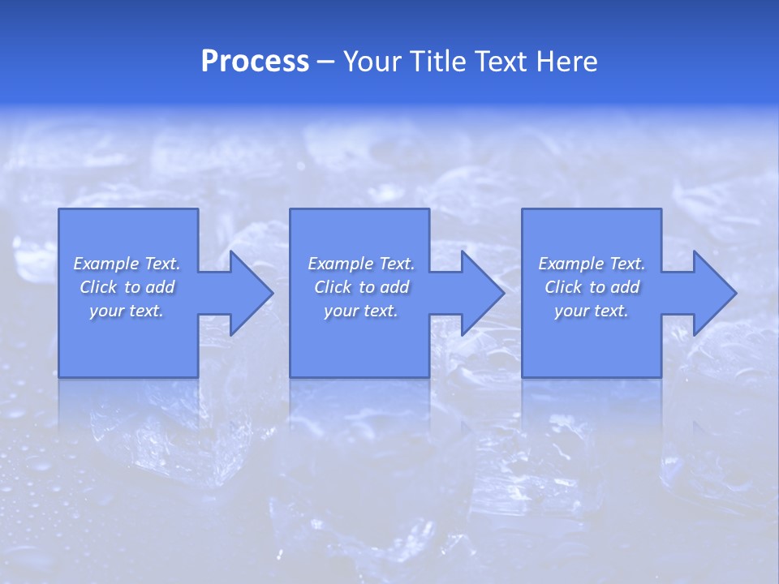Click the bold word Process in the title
click(255, 62)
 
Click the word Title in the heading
click(435, 62)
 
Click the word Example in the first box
click(105, 264)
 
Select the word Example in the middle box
click(340, 264)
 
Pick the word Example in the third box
click(570, 264)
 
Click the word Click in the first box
click(98, 287)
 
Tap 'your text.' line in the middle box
click(360, 311)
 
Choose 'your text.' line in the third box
click(591, 311)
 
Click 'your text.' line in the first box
click(126, 311)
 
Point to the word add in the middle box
click(394, 287)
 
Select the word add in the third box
click(625, 287)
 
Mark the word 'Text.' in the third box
click(627, 264)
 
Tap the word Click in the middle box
click(333, 287)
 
